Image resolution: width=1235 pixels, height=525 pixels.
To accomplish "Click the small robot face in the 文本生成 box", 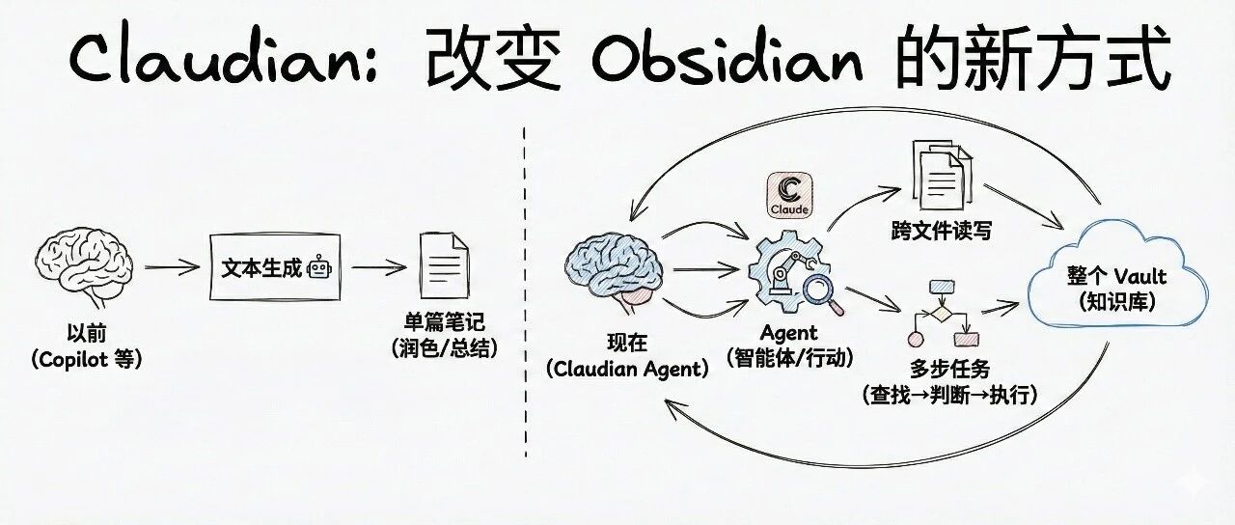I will [318, 269].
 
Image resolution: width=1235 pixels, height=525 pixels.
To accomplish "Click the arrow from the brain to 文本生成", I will [172, 267].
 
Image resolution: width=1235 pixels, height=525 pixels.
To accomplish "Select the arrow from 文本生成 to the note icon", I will [378, 267].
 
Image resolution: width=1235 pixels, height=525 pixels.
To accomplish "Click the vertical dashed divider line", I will [526, 290].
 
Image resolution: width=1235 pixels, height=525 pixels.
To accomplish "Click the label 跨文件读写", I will [941, 231].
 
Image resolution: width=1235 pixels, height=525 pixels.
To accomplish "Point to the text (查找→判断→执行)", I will [949, 394].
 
